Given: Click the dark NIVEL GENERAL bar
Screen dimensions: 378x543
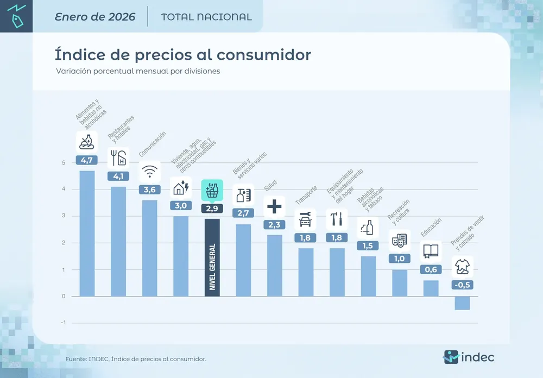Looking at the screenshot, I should (x=212, y=257).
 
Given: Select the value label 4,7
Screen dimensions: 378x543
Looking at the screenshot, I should (x=87, y=160).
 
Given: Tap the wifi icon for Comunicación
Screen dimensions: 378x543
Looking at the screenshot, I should (x=150, y=172).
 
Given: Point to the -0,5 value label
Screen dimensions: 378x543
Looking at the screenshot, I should (x=462, y=285).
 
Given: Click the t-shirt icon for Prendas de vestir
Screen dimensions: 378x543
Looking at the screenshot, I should (x=462, y=267).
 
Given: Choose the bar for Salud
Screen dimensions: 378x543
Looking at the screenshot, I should (x=275, y=266).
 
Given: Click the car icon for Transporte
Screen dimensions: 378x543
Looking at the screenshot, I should (x=306, y=219).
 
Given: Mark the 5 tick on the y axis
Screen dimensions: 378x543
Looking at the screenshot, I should (x=64, y=163).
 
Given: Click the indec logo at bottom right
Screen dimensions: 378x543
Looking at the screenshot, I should (x=469, y=357).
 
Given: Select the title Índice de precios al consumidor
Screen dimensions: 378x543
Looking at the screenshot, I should (x=182, y=55).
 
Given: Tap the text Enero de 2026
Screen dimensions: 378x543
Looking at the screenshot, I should (x=95, y=16).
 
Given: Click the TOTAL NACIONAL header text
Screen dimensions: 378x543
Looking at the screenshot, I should (x=206, y=17).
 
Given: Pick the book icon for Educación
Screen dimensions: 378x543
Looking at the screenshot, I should (x=431, y=251).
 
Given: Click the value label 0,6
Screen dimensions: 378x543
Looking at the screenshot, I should (x=431, y=269).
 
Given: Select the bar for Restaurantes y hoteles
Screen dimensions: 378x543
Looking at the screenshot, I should (x=118, y=242).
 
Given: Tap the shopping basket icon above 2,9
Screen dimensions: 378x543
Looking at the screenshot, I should (x=212, y=191).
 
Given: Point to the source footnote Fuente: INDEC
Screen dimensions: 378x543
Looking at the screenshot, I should (x=136, y=359).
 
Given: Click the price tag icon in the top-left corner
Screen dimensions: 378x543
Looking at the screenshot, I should (x=16, y=16).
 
